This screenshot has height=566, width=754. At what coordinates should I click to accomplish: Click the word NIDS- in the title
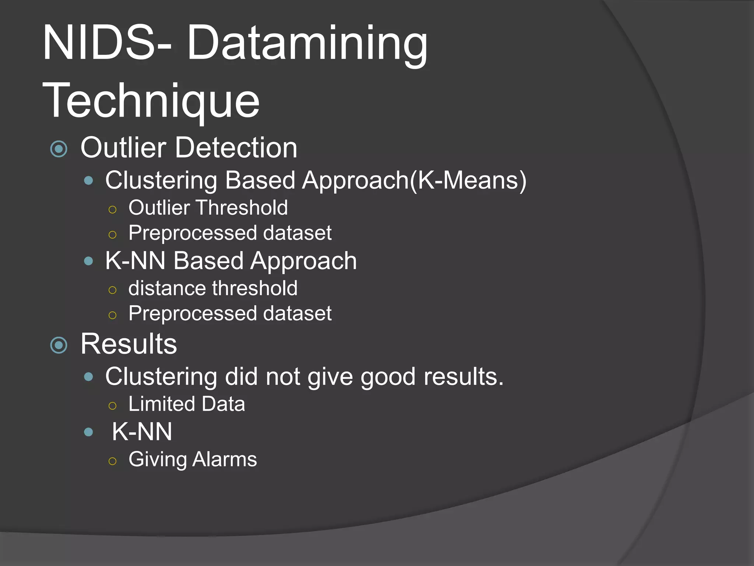107,43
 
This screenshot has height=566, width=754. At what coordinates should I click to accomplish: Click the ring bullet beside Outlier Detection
59,149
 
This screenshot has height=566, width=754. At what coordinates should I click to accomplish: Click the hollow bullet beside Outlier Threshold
113,210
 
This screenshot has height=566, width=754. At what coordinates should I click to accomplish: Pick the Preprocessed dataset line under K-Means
230,233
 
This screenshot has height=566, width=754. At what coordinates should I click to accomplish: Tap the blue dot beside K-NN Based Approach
88,261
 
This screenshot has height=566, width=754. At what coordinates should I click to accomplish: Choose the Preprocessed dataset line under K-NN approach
230,314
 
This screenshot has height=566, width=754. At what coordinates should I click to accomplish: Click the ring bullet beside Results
59,345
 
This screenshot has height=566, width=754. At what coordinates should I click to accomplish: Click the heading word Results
128,344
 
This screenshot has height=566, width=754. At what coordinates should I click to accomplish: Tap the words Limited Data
187,404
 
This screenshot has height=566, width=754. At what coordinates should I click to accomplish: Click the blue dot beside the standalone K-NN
88,432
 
